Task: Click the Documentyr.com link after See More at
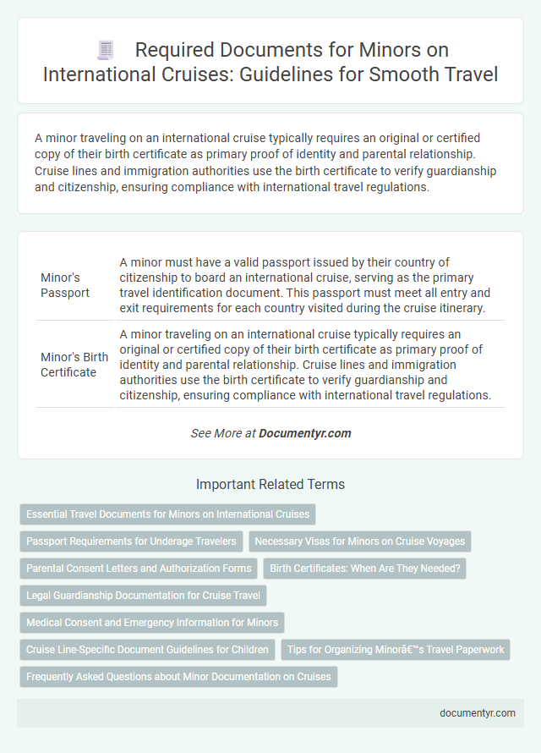click(x=305, y=433)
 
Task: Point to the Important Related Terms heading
click(x=270, y=485)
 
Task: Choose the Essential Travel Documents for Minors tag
click(x=168, y=514)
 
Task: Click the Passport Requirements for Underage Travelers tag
click(x=131, y=541)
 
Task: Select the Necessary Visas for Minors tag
click(x=359, y=541)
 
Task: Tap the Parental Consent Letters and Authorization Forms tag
click(x=139, y=568)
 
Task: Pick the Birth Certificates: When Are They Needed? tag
click(x=364, y=568)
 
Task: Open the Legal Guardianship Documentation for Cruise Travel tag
click(x=143, y=595)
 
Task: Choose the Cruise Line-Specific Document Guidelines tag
click(x=147, y=649)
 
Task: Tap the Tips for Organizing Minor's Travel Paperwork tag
click(x=396, y=649)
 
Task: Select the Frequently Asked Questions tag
click(x=178, y=676)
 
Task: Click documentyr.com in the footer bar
click(x=478, y=712)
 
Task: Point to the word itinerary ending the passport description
click(x=457, y=308)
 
